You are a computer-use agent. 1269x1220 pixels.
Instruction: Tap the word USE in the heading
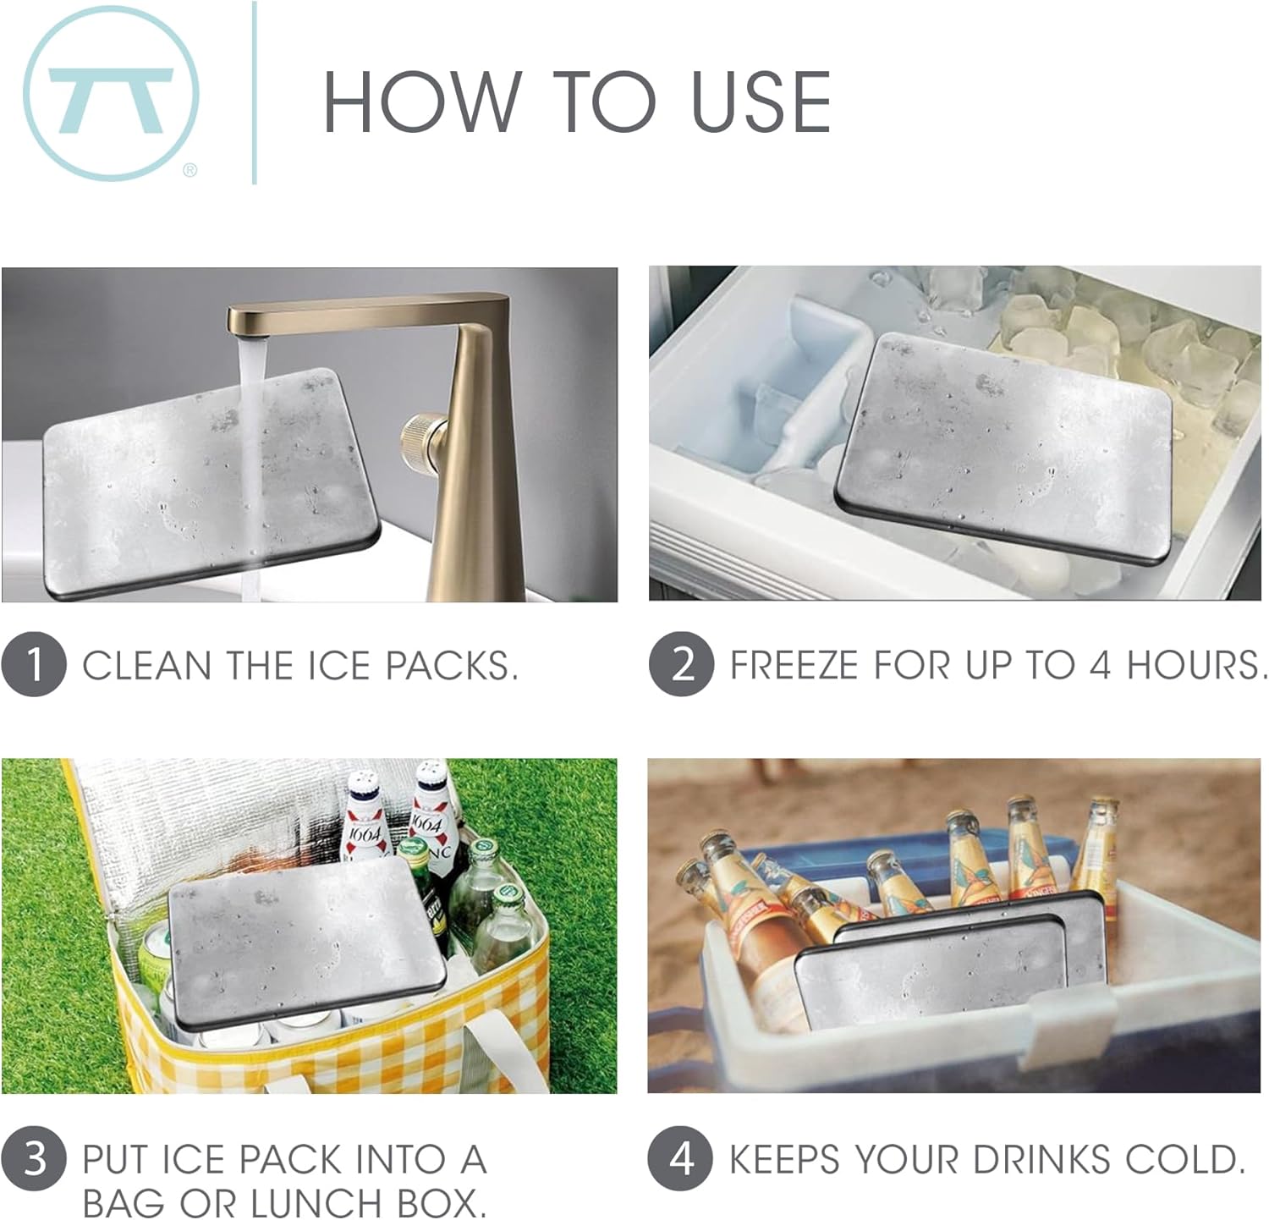tap(760, 102)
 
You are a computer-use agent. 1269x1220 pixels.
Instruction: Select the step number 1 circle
tap(34, 664)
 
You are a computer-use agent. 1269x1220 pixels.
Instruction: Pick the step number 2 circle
tap(681, 664)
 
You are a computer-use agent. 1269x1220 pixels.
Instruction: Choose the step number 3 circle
tap(34, 1158)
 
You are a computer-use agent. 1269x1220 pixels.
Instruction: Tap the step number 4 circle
tap(681, 1158)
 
